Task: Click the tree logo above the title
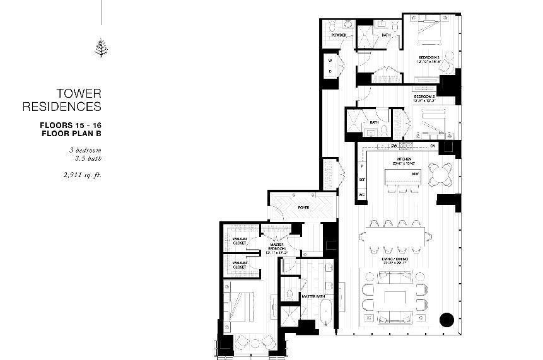100,48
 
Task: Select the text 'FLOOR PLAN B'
71,134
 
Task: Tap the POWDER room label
339,35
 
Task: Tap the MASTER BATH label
312,296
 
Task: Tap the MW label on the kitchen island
416,173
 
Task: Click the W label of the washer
330,61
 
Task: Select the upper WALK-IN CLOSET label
239,241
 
